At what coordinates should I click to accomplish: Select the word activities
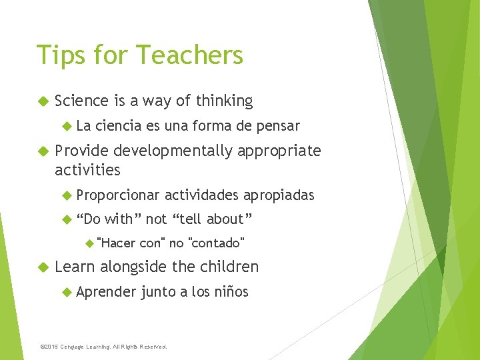pyautogui.click(x=87, y=170)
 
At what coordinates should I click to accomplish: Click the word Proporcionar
pyautogui.click(x=117, y=195)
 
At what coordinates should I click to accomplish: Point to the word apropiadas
pyautogui.click(x=279, y=195)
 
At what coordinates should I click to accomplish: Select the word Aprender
pyautogui.click(x=107, y=292)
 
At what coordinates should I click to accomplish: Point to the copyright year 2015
pyautogui.click(x=51, y=347)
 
